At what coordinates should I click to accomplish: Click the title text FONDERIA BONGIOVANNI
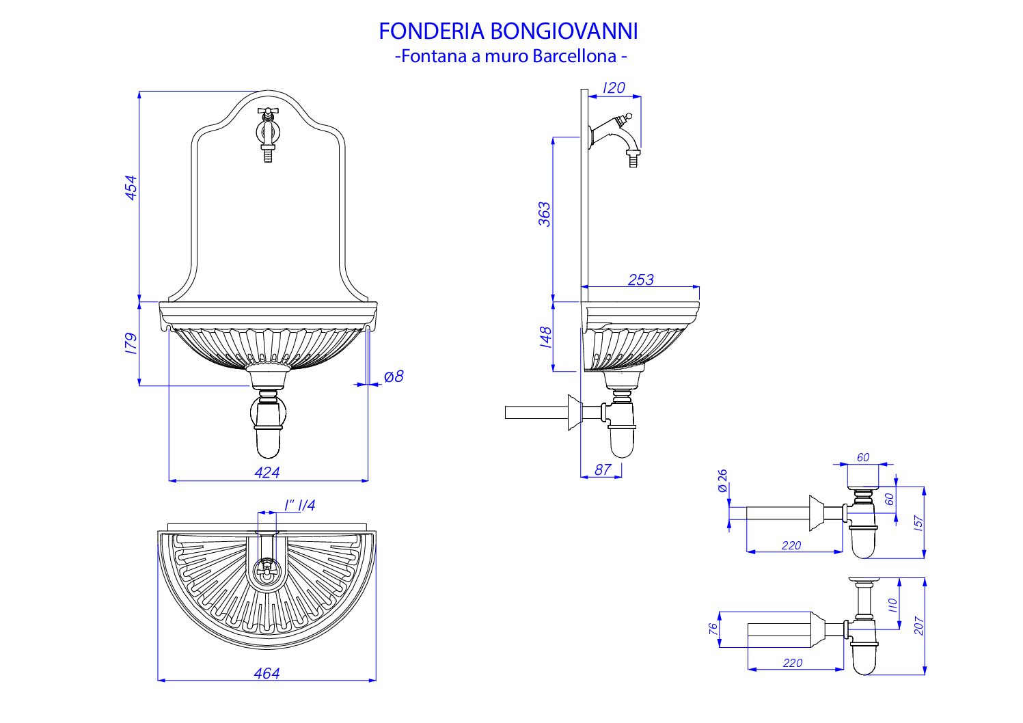pos(508,31)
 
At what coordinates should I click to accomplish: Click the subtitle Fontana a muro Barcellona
pos(511,56)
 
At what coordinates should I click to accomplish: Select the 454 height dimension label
pos(131,188)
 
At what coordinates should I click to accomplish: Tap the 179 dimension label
pos(131,343)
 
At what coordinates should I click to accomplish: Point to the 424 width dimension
pos(267,472)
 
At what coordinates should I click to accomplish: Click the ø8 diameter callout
pos(394,377)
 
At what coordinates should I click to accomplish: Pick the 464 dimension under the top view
pos(267,673)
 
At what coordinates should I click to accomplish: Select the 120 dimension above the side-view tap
pos(614,88)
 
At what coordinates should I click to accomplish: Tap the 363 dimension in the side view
pos(544,214)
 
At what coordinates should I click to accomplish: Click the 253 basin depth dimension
pos(640,279)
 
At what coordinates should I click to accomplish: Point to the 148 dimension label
pos(545,338)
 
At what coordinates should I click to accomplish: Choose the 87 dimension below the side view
pos(603,469)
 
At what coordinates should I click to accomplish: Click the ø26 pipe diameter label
pos(722,480)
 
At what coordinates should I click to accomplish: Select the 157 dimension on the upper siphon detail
pos(918,523)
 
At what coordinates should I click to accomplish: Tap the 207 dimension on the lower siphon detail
pos(918,626)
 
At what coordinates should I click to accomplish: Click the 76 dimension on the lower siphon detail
pos(713,629)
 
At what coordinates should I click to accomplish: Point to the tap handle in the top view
pos(267,569)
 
